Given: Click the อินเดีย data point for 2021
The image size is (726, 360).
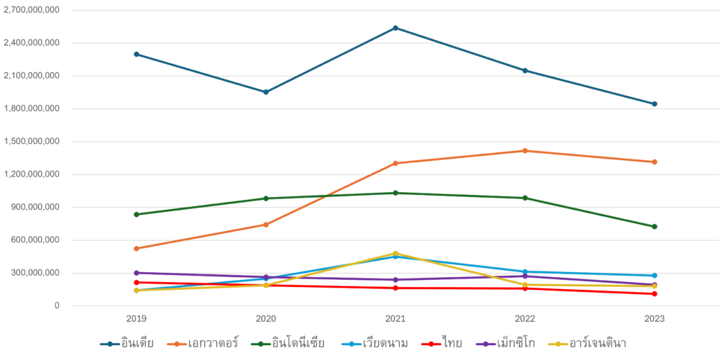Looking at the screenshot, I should (396, 28).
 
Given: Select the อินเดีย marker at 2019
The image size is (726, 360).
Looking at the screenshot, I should (136, 54).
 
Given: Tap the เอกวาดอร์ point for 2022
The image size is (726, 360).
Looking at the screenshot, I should (525, 150).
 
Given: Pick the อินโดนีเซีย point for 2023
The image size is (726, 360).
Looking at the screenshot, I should (654, 227).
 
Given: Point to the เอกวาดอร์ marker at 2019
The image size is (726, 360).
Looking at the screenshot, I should (136, 249).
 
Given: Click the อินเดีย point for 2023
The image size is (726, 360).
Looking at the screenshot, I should (654, 103).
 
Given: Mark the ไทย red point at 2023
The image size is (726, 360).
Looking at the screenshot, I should (654, 293).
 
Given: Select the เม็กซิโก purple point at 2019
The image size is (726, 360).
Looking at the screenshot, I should (136, 273).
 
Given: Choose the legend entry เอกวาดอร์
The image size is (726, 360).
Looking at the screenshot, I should (213, 344).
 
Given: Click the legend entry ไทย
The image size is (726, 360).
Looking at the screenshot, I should (451, 344).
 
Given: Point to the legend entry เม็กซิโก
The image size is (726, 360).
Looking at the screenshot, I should (515, 344).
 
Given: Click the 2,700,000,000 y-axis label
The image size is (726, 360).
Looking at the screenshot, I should (32, 11).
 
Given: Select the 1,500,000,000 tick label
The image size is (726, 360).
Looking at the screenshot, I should (32, 142).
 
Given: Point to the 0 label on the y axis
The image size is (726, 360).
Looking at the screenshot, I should (57, 306).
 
